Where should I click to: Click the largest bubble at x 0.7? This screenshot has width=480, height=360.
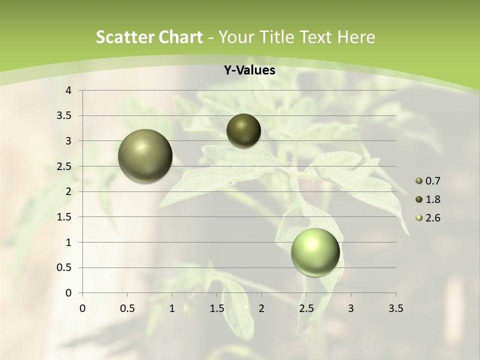(145, 156)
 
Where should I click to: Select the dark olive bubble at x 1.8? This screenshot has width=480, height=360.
(243, 130)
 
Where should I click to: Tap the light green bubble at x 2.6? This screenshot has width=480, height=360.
(315, 252)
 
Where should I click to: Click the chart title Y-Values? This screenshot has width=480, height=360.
(249, 70)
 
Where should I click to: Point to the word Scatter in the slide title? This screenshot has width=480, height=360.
(123, 37)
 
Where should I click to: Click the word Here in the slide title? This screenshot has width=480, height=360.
(355, 37)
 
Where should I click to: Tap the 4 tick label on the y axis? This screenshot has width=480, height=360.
(69, 90)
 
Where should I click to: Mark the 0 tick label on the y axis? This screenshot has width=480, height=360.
(69, 292)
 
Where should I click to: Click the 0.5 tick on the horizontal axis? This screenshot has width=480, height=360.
(127, 308)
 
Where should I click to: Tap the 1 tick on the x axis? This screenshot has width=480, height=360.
(172, 308)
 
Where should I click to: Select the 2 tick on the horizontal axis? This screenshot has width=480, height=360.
(261, 308)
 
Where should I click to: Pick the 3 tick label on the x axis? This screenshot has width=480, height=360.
(351, 308)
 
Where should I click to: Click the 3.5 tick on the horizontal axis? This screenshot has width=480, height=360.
(395, 308)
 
